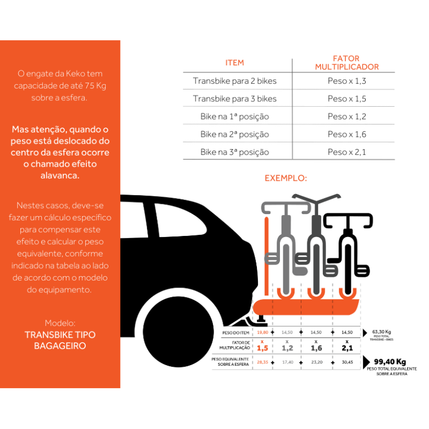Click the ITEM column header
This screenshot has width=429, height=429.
click(235, 63)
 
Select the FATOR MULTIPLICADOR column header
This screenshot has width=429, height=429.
click(346, 63)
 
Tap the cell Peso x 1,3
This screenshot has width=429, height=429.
click(346, 82)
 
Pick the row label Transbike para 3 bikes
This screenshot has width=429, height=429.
click(235, 99)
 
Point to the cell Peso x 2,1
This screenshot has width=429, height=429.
click(346, 152)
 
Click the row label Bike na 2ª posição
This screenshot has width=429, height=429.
click(235, 134)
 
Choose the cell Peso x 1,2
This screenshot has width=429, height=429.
click(346, 116)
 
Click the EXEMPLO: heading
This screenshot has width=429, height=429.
click(286, 178)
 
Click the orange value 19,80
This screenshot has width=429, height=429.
click(262, 332)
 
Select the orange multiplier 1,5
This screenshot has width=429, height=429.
click(262, 348)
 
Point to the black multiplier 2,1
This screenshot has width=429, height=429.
click(347, 348)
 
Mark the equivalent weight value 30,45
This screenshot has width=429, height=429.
click(347, 363)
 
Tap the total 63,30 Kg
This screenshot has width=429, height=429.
click(381, 331)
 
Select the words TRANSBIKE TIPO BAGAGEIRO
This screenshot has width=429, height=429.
click(60, 340)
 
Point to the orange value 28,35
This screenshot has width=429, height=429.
click(262, 363)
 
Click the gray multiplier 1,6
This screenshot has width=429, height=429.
click(316, 348)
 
